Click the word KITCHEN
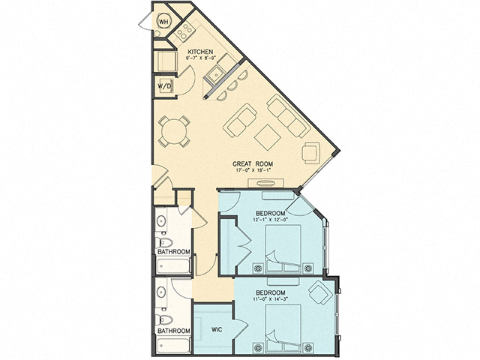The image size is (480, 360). pyautogui.click(x=200, y=52)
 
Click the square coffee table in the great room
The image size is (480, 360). pyautogui.click(x=267, y=136)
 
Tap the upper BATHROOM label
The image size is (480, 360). pyautogui.click(x=173, y=252)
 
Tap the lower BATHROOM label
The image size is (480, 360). pyautogui.click(x=173, y=330)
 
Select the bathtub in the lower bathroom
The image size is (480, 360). pyautogui.click(x=173, y=345)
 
